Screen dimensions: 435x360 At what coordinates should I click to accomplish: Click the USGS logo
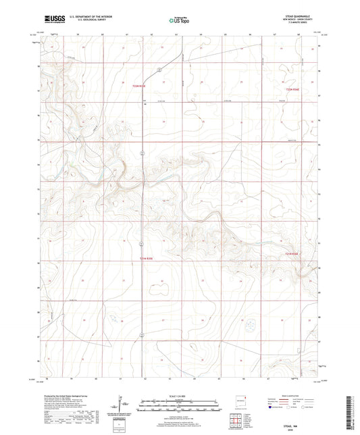(x=55, y=20)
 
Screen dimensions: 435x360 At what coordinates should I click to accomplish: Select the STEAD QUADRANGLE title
(x=298, y=16)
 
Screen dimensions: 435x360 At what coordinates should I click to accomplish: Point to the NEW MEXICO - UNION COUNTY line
(x=298, y=20)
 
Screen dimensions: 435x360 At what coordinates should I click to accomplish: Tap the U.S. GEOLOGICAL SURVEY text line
(x=85, y=21)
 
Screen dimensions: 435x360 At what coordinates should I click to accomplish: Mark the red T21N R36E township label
(x=290, y=253)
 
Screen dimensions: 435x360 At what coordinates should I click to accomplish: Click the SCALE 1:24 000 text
(x=179, y=396)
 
